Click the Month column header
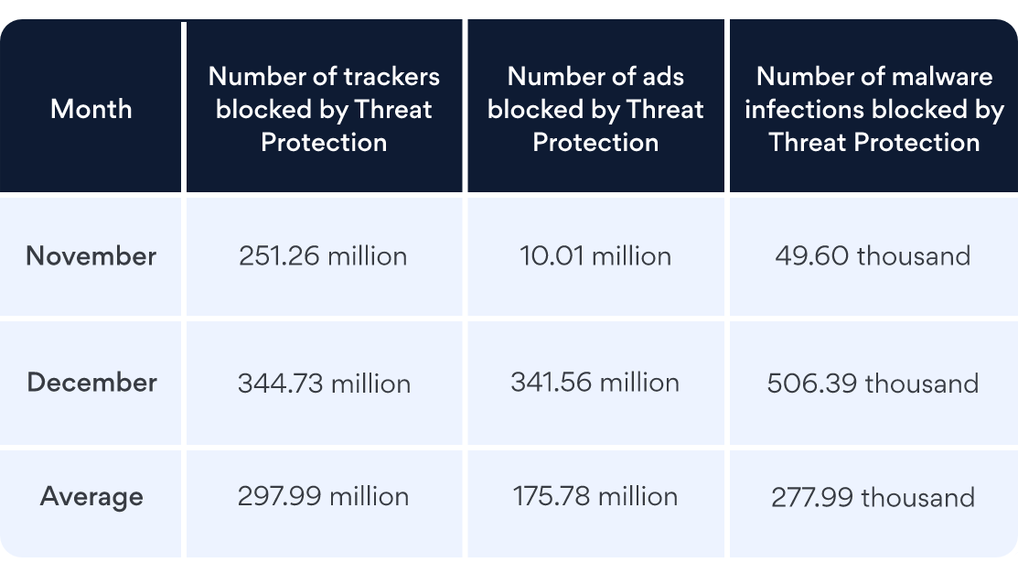tap(91, 109)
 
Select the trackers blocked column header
tap(324, 109)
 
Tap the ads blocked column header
tap(595, 109)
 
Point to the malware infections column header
tap(873, 109)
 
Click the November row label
tap(91, 256)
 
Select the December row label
tap(91, 383)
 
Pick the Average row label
tap(91, 497)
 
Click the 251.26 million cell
tap(323, 256)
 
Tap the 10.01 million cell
tap(595, 256)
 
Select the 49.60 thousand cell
tap(873, 256)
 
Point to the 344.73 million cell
tap(324, 383)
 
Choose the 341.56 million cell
tap(595, 383)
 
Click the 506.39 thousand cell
tap(873, 383)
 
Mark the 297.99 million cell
tap(323, 497)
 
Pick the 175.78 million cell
tap(595, 497)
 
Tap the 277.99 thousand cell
tap(873, 498)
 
